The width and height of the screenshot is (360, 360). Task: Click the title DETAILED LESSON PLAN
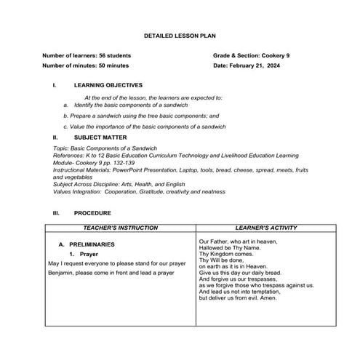click(x=180, y=35)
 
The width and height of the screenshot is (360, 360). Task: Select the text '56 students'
click(x=115, y=55)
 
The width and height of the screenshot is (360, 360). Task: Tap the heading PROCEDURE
click(x=92, y=213)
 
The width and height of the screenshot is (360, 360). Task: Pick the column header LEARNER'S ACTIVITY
click(x=266, y=228)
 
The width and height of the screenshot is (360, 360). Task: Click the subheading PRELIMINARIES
click(x=91, y=244)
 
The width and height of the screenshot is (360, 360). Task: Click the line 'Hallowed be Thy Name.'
click(x=228, y=247)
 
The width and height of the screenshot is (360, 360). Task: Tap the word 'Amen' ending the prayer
click(x=268, y=298)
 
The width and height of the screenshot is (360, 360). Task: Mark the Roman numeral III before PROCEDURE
click(x=55, y=213)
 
